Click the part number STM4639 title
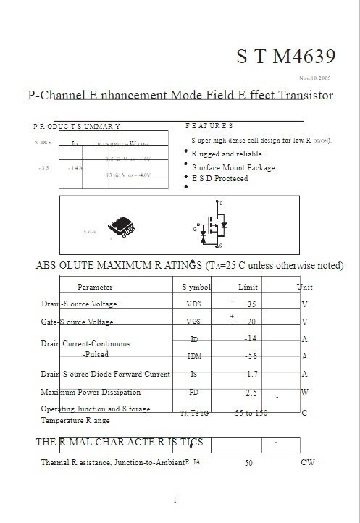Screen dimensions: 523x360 click(x=285, y=57)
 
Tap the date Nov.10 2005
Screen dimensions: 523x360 click(x=315, y=78)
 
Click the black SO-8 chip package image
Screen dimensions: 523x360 click(x=122, y=226)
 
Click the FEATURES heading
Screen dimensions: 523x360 click(x=209, y=126)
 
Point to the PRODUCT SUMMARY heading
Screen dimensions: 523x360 click(x=77, y=126)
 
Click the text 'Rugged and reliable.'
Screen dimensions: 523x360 click(x=227, y=154)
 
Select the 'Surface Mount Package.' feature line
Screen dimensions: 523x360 click(x=234, y=167)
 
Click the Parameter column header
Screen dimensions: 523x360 click(x=95, y=288)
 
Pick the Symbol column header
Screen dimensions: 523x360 click(x=196, y=288)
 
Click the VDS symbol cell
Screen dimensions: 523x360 click(x=194, y=304)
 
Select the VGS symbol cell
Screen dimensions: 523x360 click(x=194, y=322)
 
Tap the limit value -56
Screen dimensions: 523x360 click(x=251, y=356)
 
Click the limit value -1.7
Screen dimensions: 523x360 click(x=251, y=375)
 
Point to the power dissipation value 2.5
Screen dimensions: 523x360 click(x=251, y=393)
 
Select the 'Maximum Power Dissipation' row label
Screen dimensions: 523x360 click(x=91, y=393)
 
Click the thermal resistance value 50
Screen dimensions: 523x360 click(x=248, y=462)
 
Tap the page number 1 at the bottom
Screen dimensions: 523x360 click(x=175, y=501)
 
